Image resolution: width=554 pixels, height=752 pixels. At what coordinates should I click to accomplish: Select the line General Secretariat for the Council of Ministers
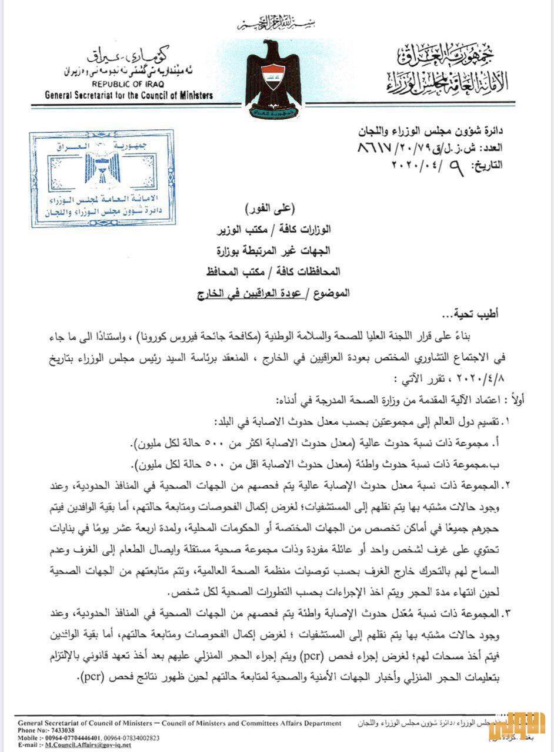(129, 95)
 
